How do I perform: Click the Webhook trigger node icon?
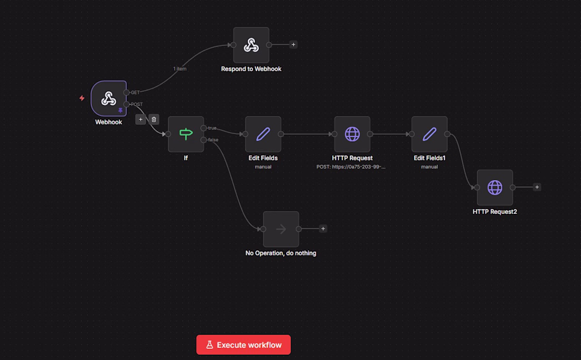109,99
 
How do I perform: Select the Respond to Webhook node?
251,45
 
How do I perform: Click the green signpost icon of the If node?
186,134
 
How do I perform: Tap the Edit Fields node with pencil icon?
263,134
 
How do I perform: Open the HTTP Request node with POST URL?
352,134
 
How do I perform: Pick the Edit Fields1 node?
429,134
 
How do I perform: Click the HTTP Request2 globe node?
495,187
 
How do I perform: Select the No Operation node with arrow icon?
281,229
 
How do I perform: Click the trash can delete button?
154,119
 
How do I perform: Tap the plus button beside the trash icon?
140,119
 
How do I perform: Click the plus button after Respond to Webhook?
293,45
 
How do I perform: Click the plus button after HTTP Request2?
537,187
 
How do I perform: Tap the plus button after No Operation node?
323,229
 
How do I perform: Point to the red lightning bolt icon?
82,98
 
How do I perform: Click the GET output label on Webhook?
135,92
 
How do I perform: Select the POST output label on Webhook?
137,104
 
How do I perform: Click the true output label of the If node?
212,128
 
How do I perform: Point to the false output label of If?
213,140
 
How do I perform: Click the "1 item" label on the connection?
180,69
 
